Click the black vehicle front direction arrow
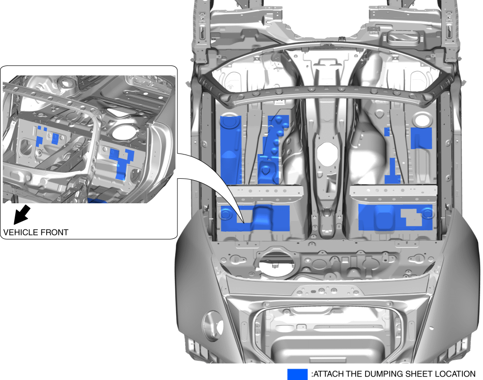[x=22, y=215]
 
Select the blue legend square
[x=297, y=374]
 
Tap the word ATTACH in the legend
[x=330, y=374]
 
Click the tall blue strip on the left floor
[x=231, y=150]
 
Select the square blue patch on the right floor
[x=422, y=138]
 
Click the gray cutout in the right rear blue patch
[x=412, y=217]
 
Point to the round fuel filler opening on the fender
[x=213, y=326]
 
